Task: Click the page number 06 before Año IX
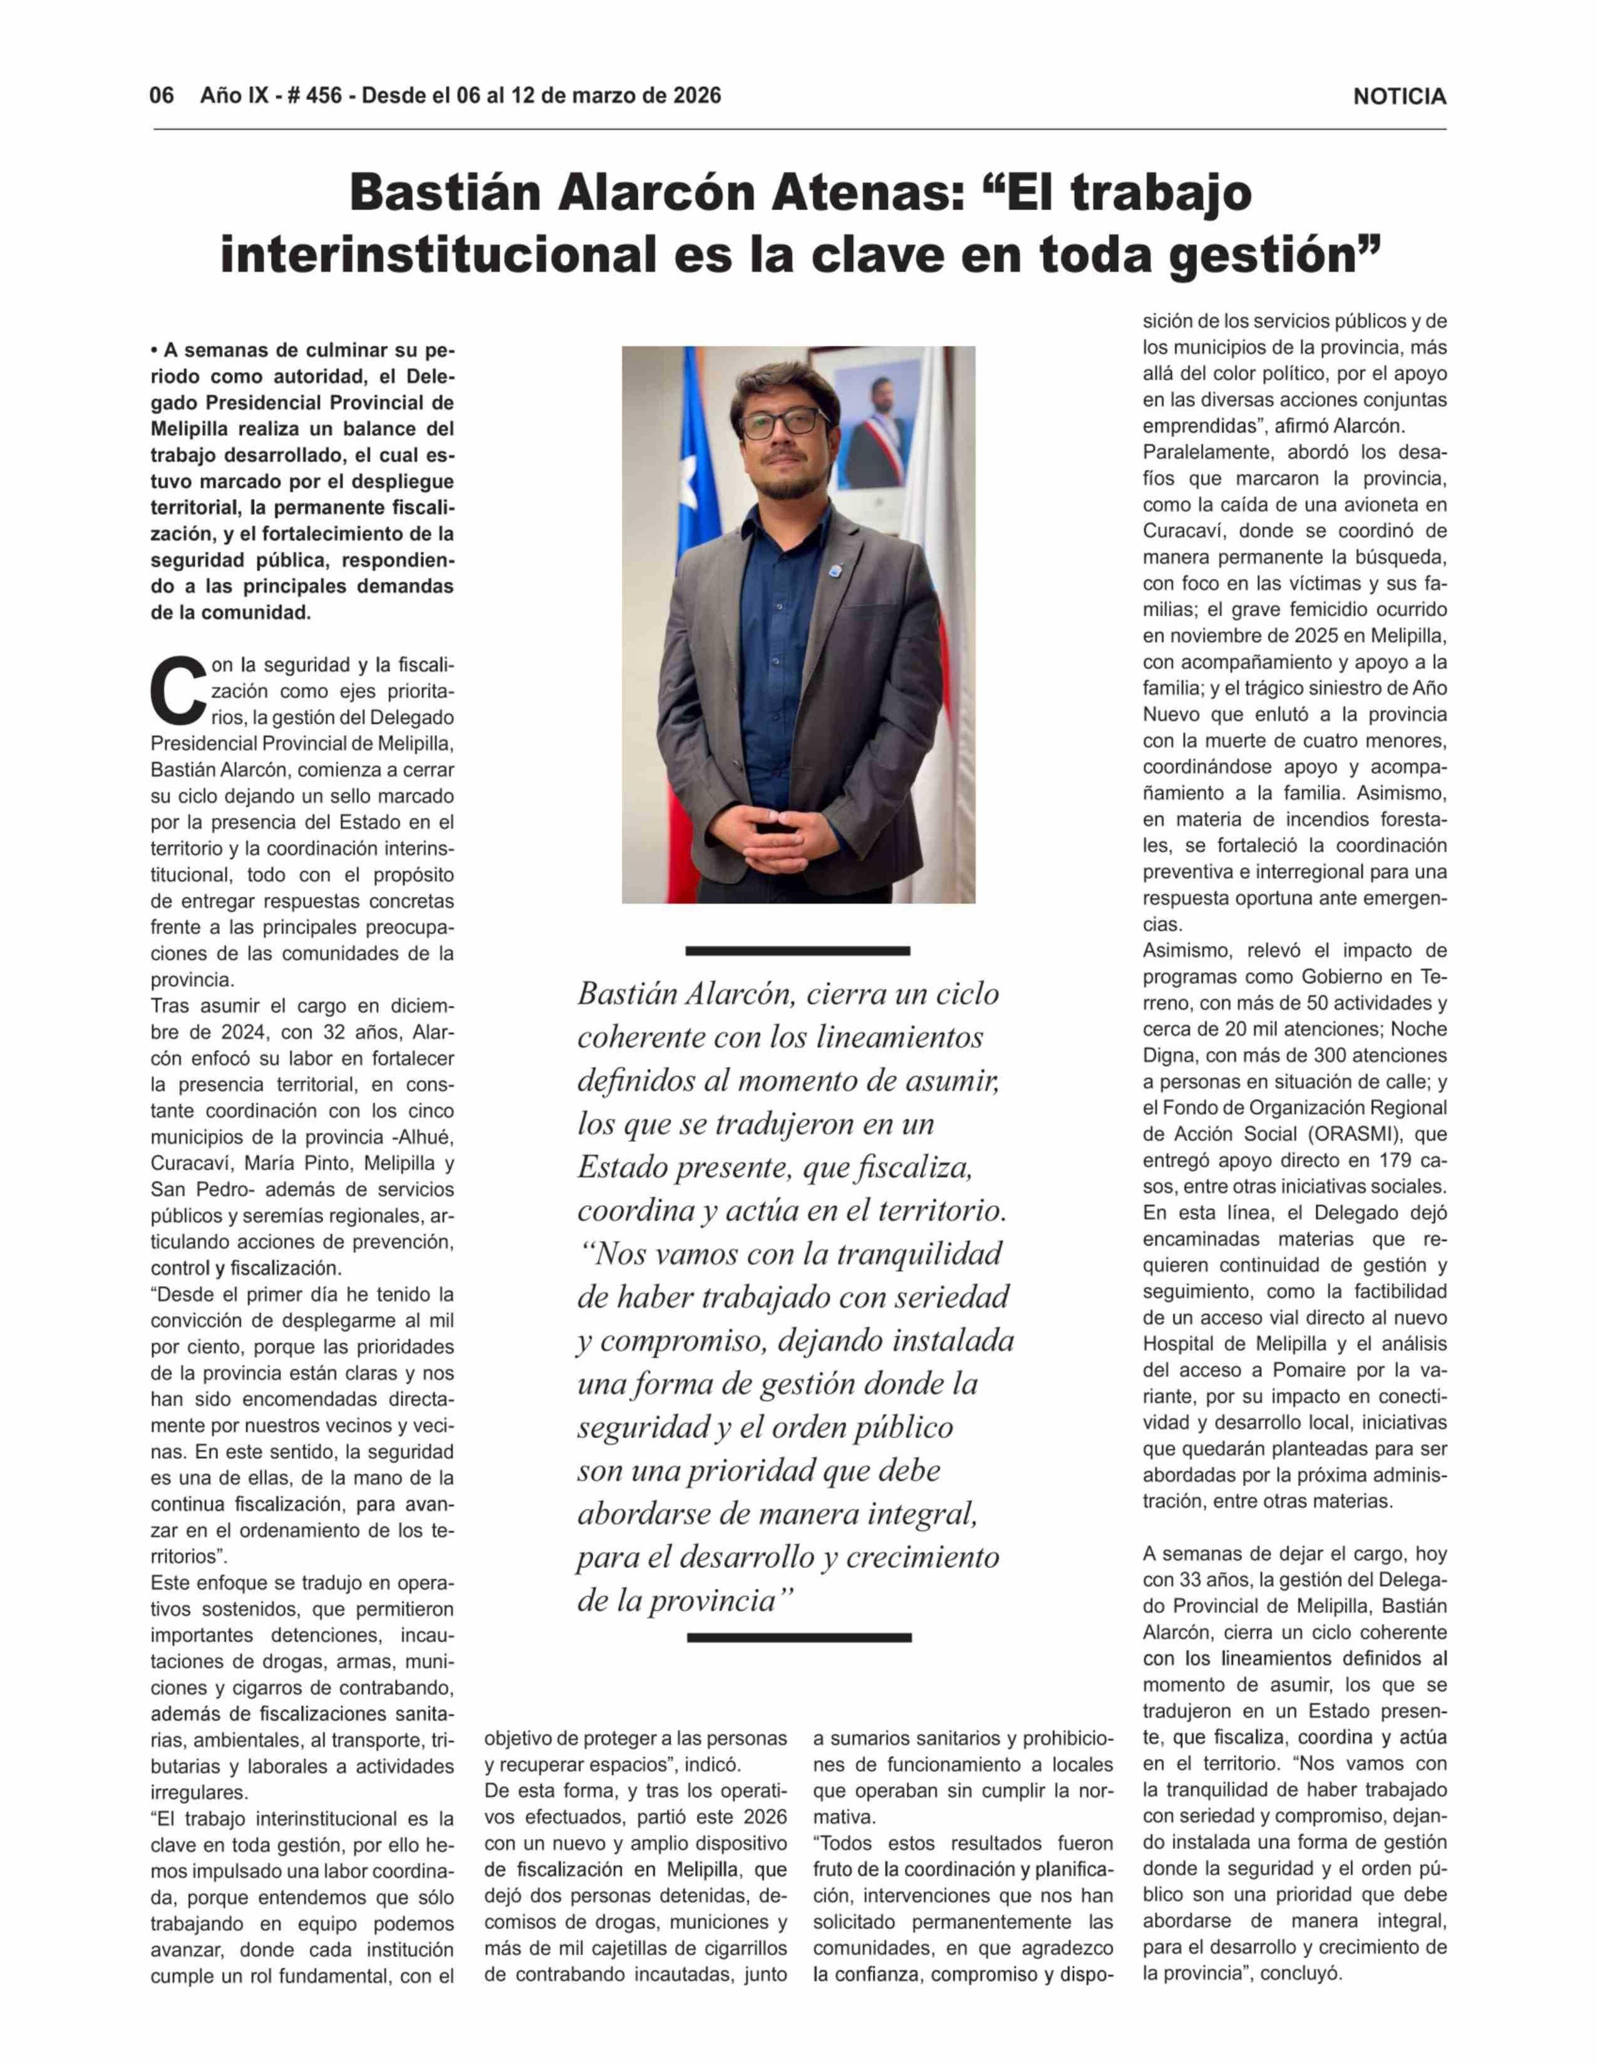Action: click(162, 96)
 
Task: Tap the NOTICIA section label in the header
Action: click(1398, 96)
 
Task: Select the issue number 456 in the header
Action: click(322, 96)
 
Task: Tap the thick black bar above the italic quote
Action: click(797, 950)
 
